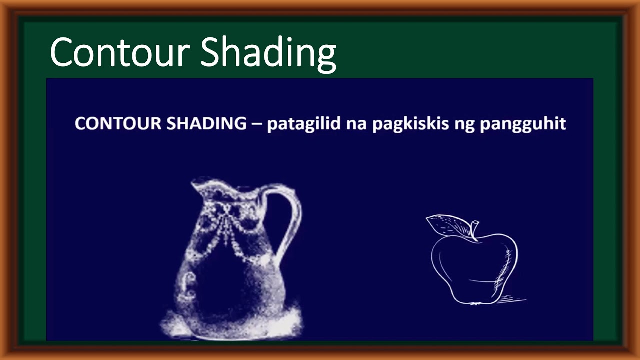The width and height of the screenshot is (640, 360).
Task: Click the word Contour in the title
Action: click(x=120, y=51)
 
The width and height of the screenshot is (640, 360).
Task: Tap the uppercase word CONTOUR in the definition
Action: click(x=118, y=124)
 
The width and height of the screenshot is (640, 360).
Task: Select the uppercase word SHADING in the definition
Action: click(x=206, y=124)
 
